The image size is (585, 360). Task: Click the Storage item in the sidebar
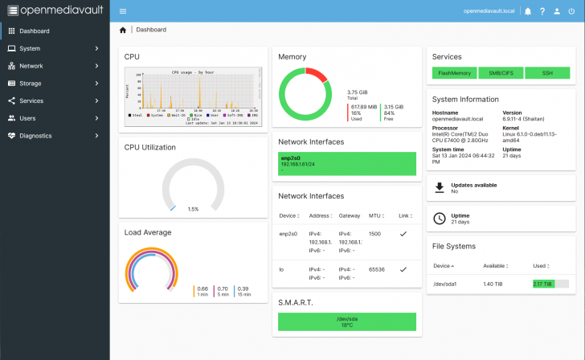point(31,84)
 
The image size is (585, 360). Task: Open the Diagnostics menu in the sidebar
point(35,136)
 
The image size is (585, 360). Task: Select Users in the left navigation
point(27,118)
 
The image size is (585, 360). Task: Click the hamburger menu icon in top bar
point(122,11)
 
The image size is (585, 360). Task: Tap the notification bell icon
point(528,11)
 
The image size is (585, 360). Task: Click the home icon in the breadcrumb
point(123,30)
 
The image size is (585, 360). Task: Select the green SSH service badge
point(547,73)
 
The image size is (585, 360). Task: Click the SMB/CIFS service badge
point(501,73)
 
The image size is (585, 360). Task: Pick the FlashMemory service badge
point(455,73)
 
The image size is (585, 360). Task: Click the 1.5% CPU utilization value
point(193,209)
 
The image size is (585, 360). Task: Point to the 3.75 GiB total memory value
point(358,92)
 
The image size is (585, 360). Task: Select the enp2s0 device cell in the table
point(288,234)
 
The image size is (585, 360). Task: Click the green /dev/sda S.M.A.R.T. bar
point(346,321)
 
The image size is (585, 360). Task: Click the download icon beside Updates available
point(440,187)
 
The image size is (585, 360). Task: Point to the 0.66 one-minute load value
point(202,288)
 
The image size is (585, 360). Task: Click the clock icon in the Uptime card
point(440,218)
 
